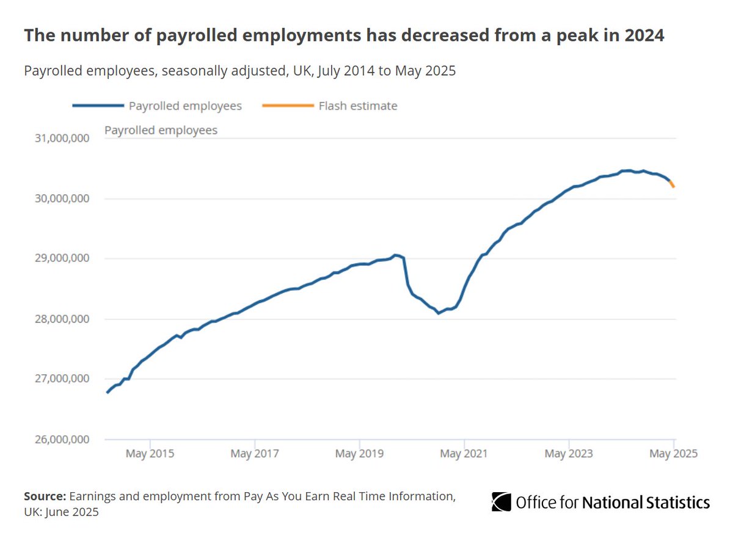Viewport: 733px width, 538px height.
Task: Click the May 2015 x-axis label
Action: (x=150, y=454)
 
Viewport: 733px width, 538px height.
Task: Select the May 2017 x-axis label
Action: (x=255, y=454)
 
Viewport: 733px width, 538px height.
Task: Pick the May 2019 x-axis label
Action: (x=360, y=454)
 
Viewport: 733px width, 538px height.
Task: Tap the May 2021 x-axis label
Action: (x=464, y=454)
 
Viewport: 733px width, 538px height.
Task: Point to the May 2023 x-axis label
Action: (x=569, y=454)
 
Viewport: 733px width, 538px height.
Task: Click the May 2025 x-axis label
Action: (x=674, y=454)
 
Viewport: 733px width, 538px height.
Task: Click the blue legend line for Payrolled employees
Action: (x=97, y=106)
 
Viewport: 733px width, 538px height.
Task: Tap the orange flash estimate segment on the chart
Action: (x=672, y=184)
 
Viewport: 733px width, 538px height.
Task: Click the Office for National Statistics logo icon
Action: (x=501, y=502)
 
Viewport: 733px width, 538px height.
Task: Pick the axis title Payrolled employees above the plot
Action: (x=161, y=130)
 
